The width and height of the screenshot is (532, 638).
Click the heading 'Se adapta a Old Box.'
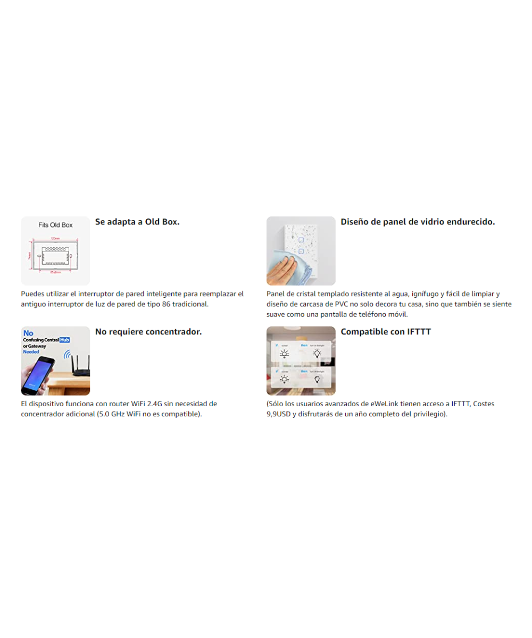(x=137, y=222)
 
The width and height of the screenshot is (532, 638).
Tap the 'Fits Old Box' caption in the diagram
(x=55, y=225)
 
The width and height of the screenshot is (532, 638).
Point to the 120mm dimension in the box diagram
(x=55, y=239)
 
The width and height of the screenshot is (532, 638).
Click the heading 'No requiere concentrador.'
(x=148, y=332)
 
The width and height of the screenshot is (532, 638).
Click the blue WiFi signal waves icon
(x=68, y=355)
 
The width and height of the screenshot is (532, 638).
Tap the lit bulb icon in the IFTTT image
(x=317, y=354)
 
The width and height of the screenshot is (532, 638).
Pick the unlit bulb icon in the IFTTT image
(x=317, y=380)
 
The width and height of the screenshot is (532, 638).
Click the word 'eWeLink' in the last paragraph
(x=381, y=404)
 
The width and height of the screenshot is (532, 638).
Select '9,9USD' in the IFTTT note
(x=279, y=414)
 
